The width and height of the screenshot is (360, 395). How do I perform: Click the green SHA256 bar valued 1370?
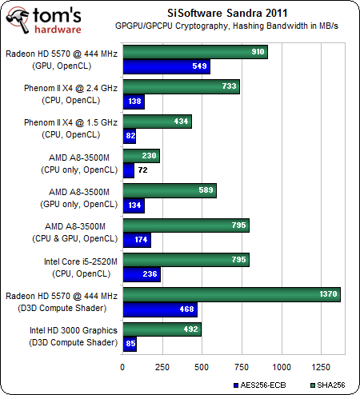tap(232, 294)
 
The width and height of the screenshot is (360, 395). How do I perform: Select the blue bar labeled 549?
tap(166, 66)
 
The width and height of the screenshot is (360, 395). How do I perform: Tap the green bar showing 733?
tap(182, 86)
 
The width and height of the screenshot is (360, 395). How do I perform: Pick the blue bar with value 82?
tap(130, 136)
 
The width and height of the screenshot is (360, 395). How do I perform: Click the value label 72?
tap(143, 170)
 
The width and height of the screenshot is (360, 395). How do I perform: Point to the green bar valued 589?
tap(170, 190)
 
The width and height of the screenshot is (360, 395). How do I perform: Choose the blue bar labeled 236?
tap(142, 274)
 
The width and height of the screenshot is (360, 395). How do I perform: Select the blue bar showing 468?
tap(160, 309)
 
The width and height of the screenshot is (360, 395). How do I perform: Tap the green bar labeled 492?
tap(162, 329)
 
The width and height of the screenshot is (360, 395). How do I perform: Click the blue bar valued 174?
tap(137, 240)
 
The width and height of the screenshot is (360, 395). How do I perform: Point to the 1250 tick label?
tap(321, 367)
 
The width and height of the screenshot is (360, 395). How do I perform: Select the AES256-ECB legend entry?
tap(260, 385)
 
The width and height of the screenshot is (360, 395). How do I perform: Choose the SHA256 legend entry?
tap(328, 385)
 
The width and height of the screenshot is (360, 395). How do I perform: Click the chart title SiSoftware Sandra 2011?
tap(227, 13)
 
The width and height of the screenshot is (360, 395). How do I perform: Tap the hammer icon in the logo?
tap(18, 21)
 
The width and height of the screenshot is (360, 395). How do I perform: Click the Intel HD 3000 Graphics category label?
tap(74, 337)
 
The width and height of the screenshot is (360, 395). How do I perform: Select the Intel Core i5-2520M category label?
tap(81, 268)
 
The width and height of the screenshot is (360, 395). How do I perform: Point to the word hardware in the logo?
tap(58, 30)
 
